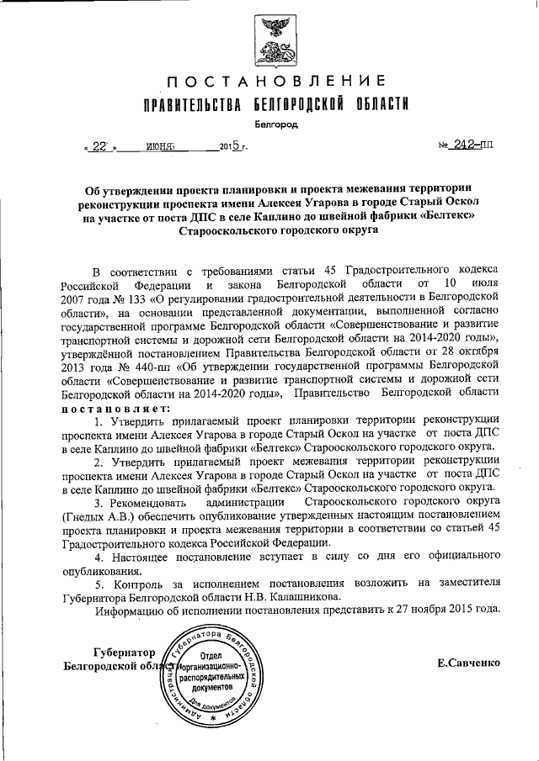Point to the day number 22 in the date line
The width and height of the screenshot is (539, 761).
pos(99,145)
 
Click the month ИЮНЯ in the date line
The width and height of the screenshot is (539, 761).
pos(159,145)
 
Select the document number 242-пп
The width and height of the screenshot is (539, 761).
pos(473,144)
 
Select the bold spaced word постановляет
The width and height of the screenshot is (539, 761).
pos(115,408)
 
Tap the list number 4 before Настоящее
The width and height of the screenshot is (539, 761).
pos(98,556)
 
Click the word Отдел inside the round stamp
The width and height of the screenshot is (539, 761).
pos(211,654)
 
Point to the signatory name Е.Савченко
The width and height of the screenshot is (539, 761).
pos(467,663)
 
